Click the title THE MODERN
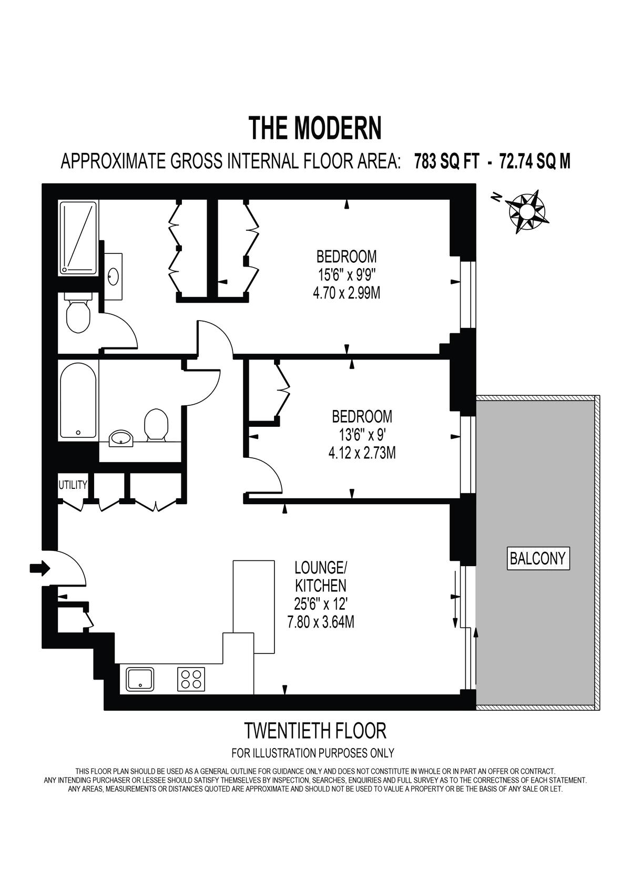[315, 128]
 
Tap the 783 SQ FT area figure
[446, 162]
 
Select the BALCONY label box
[538, 558]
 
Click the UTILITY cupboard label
[73, 485]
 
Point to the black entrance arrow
[40, 568]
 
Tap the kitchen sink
[140, 679]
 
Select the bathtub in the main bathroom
[78, 401]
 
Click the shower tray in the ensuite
[78, 238]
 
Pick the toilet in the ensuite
[78, 313]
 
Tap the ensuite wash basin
[114, 275]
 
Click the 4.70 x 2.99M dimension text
[347, 294]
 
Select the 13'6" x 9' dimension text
[362, 435]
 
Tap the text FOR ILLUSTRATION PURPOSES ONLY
[313, 753]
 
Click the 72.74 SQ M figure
[535, 162]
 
